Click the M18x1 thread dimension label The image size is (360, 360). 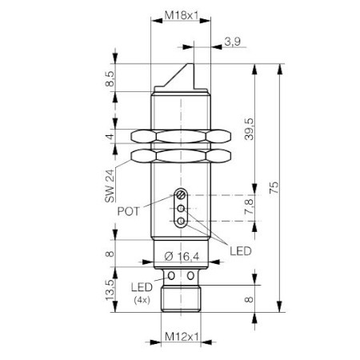[x=182, y=15]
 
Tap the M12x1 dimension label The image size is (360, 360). [x=182, y=337]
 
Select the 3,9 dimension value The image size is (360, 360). [x=233, y=42]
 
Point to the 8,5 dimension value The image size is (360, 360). [x=110, y=78]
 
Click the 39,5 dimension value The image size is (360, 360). [x=250, y=129]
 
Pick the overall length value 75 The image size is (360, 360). [x=274, y=187]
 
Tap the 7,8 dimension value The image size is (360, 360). [x=249, y=206]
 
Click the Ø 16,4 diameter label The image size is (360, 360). [x=182, y=257]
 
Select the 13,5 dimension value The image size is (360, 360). [x=110, y=290]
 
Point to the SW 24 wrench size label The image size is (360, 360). [x=110, y=186]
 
